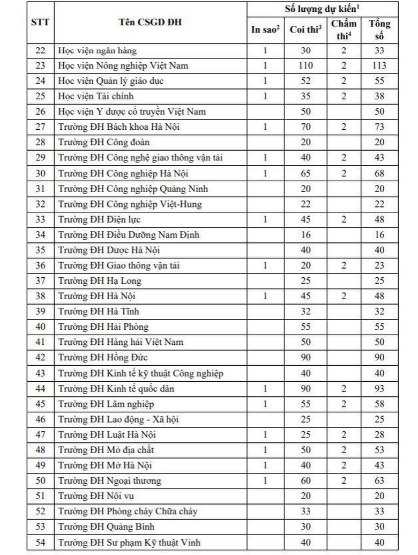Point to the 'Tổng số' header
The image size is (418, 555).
pos(379,30)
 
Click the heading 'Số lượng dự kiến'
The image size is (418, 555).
pos(322,9)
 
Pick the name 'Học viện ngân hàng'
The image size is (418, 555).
pos(98,51)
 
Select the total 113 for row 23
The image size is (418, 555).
pos(379,66)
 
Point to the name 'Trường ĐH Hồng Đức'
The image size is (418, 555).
pos(103,358)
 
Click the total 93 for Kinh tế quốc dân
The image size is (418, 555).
pos(379,389)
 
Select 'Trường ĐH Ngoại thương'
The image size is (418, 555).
pos(109,481)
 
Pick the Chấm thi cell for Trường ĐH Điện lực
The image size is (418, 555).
pos(344,219)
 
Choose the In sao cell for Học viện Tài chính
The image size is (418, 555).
pos(265,97)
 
